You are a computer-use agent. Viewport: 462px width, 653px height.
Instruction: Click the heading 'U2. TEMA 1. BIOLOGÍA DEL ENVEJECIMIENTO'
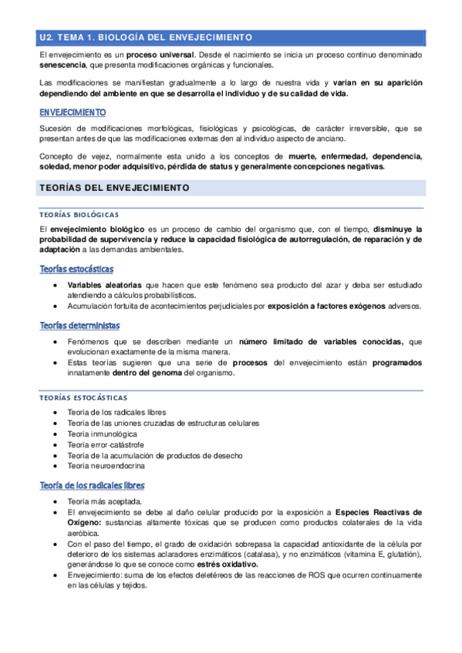click(x=146, y=36)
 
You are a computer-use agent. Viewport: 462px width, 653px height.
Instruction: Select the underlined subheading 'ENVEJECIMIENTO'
click(x=73, y=112)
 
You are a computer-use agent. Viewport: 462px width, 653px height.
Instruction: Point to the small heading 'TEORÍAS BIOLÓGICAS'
click(x=79, y=215)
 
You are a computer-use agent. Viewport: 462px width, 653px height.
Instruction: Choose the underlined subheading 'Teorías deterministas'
click(x=82, y=325)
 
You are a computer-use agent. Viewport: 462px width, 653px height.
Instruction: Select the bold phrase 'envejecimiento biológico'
click(x=94, y=229)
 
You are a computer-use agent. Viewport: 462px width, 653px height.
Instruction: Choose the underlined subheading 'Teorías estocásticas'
click(x=76, y=269)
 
